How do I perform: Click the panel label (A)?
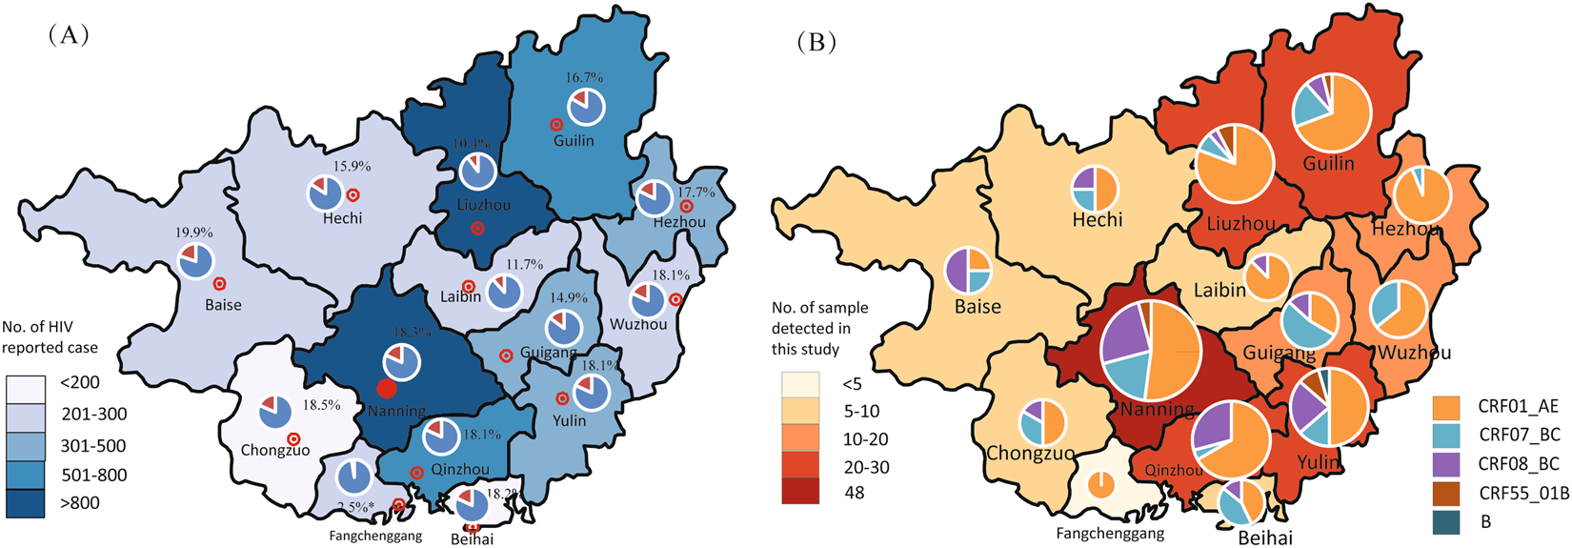click(68, 35)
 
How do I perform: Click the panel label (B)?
click(816, 42)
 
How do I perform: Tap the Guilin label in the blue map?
click(574, 141)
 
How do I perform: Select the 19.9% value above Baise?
click(194, 232)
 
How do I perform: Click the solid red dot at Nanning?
click(386, 388)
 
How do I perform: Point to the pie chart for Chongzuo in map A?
click(275, 413)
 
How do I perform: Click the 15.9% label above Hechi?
click(352, 166)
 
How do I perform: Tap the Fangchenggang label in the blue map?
click(375, 537)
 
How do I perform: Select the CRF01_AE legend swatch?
click(1446, 407)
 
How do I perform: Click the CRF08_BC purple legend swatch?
click(1446, 464)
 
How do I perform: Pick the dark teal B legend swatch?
click(1446, 521)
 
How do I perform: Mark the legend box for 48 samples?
click(799, 492)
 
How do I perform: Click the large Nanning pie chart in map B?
click(1150, 353)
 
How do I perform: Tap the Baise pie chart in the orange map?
click(968, 270)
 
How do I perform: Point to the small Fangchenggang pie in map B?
click(1100, 484)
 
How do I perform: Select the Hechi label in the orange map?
click(1098, 219)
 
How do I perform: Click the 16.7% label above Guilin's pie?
click(584, 77)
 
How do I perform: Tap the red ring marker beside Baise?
click(219, 284)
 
